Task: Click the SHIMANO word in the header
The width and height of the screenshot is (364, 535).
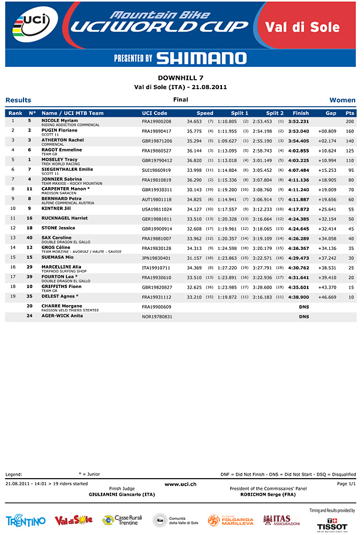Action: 201,58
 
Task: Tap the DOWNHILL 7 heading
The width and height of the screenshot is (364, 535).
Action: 180,77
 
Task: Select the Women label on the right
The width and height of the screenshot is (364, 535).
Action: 342,100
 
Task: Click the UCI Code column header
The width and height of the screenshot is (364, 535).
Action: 154,113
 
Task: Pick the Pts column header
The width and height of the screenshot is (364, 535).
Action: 350,113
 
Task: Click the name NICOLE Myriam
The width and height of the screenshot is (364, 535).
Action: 60,120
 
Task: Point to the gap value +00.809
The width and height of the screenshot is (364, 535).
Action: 327,131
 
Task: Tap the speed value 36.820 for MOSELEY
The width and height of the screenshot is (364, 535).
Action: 194,160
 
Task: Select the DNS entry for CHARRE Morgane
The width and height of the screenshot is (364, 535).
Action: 304,307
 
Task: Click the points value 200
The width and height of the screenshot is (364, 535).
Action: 350,121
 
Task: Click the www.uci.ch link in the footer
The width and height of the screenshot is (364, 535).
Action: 180,483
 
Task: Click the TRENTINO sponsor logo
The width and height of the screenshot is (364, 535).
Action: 26,521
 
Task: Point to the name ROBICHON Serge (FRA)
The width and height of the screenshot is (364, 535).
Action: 268,495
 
